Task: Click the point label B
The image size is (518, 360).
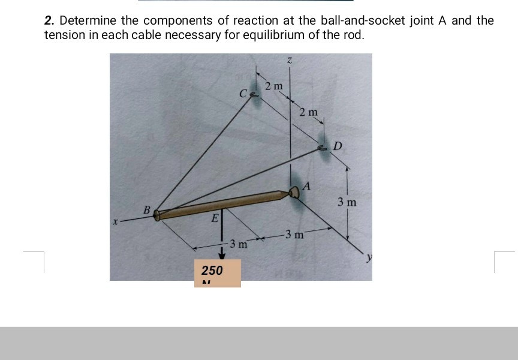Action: coord(146,209)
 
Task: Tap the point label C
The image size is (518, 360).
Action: coord(242,94)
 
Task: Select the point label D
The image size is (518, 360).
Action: coord(338,146)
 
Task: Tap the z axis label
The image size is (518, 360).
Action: coord(290,60)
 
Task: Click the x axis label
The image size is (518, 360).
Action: coord(114,222)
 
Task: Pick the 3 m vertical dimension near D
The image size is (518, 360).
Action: coord(347,202)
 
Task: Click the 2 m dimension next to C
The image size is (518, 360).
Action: coord(273,86)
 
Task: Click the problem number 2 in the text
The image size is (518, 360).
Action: coord(48,21)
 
